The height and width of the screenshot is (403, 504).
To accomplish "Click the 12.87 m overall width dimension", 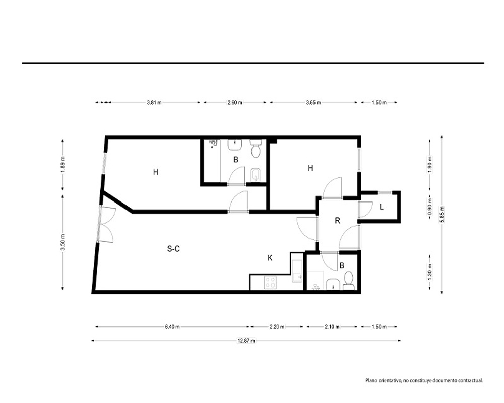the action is click(x=246, y=341).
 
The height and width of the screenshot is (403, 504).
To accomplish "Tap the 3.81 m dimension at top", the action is click(x=154, y=103).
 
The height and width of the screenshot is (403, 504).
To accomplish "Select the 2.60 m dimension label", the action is click(x=235, y=103).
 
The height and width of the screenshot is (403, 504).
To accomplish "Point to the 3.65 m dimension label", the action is click(x=313, y=103).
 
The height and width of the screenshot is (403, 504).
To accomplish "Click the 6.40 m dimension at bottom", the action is click(x=172, y=327).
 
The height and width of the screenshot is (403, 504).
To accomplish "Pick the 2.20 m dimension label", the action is click(x=277, y=327).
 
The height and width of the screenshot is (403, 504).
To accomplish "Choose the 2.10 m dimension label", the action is click(x=332, y=327).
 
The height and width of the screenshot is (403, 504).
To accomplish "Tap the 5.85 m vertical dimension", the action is click(x=442, y=215).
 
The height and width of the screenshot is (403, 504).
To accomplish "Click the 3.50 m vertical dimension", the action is click(x=62, y=242).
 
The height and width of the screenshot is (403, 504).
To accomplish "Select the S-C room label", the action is click(x=173, y=249).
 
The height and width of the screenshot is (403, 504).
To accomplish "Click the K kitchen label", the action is click(x=270, y=258).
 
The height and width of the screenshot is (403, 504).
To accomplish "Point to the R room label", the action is click(x=338, y=221).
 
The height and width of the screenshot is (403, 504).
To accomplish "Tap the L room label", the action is click(x=382, y=207).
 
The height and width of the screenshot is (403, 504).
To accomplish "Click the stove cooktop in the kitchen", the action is click(x=271, y=282).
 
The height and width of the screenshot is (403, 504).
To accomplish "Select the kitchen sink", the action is click(x=297, y=271).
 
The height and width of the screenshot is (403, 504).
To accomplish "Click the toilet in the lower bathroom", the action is click(x=348, y=280).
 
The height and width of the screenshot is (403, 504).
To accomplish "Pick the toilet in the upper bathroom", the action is click(x=256, y=149).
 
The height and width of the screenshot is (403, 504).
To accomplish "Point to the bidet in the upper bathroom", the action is click(x=256, y=174).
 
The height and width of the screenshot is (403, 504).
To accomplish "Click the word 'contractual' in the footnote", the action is click(x=470, y=380).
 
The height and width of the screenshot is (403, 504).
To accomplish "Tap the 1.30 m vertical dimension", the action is click(x=430, y=272).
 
